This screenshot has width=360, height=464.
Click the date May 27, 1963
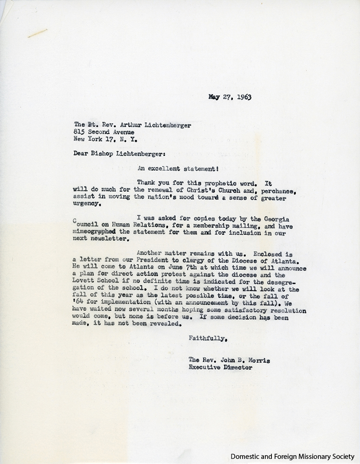click(x=233, y=98)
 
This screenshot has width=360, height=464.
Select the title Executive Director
click(x=220, y=367)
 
